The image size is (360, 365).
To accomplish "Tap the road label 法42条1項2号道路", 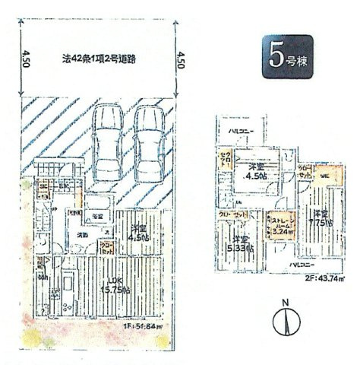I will click(x=99, y=58).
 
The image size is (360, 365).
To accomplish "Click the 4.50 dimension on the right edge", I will click(x=180, y=59).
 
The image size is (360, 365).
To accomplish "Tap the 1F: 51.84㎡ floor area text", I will click(x=141, y=328).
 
